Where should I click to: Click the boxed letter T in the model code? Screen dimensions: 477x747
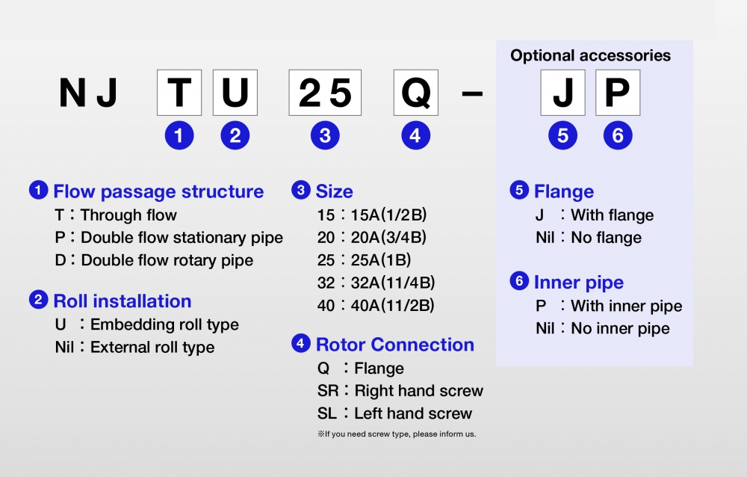(x=179, y=93)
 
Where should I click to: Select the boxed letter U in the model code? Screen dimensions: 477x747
(x=235, y=93)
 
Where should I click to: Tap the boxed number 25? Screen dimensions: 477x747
(x=325, y=93)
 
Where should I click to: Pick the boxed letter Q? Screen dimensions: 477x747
(x=416, y=93)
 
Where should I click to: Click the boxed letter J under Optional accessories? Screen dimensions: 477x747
(x=562, y=93)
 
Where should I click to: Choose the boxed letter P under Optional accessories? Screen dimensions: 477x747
(x=618, y=93)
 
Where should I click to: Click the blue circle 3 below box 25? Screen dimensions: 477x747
(x=325, y=135)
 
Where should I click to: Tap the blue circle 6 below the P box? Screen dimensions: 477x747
(x=618, y=135)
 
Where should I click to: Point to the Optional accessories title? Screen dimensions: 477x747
(x=590, y=55)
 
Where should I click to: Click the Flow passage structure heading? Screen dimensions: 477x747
(x=158, y=191)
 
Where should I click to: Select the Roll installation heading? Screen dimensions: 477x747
(x=122, y=301)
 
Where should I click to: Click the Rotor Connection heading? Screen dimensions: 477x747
(x=394, y=345)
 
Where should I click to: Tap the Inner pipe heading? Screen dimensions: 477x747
(x=578, y=283)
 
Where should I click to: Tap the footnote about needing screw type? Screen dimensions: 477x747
(x=397, y=434)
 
